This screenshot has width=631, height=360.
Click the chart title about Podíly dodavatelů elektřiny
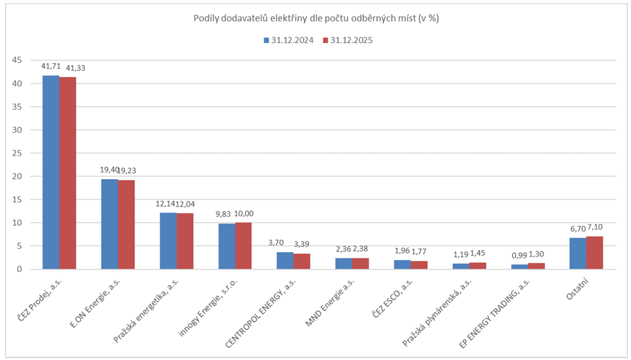pyautogui.click(x=316, y=19)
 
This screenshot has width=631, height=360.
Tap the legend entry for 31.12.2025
pyautogui.click(x=347, y=40)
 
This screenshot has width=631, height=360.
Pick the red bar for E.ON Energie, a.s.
pyautogui.click(x=126, y=225)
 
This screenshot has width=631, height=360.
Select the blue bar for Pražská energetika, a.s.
pyautogui.click(x=168, y=241)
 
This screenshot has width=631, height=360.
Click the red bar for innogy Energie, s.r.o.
pyautogui.click(x=244, y=246)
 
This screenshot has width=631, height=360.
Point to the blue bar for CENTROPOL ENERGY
pyautogui.click(x=285, y=261)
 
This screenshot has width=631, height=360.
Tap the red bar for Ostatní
pyautogui.click(x=594, y=253)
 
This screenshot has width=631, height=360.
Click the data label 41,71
pyautogui.click(x=51, y=66)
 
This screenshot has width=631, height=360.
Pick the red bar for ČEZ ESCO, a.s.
pyautogui.click(x=419, y=265)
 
